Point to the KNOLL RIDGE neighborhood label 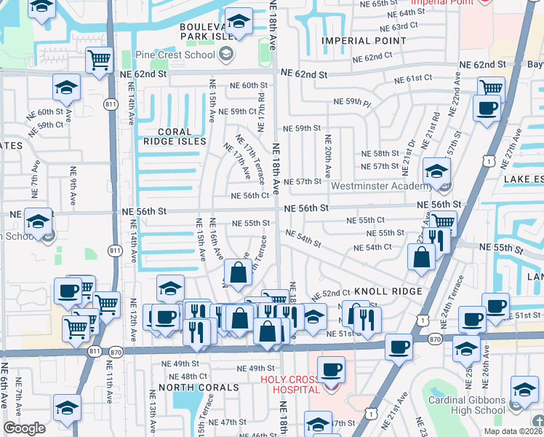tap(385, 291)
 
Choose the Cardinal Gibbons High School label tap(467, 405)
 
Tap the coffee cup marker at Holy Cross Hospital tap(332, 369)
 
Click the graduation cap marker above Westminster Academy tap(437, 171)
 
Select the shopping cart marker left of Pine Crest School tap(98, 60)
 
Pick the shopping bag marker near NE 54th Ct tap(421, 256)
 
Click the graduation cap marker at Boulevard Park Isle tap(238, 22)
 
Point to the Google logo tap(24, 428)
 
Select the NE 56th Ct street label tap(250, 196)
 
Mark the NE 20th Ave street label tap(328, 156)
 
